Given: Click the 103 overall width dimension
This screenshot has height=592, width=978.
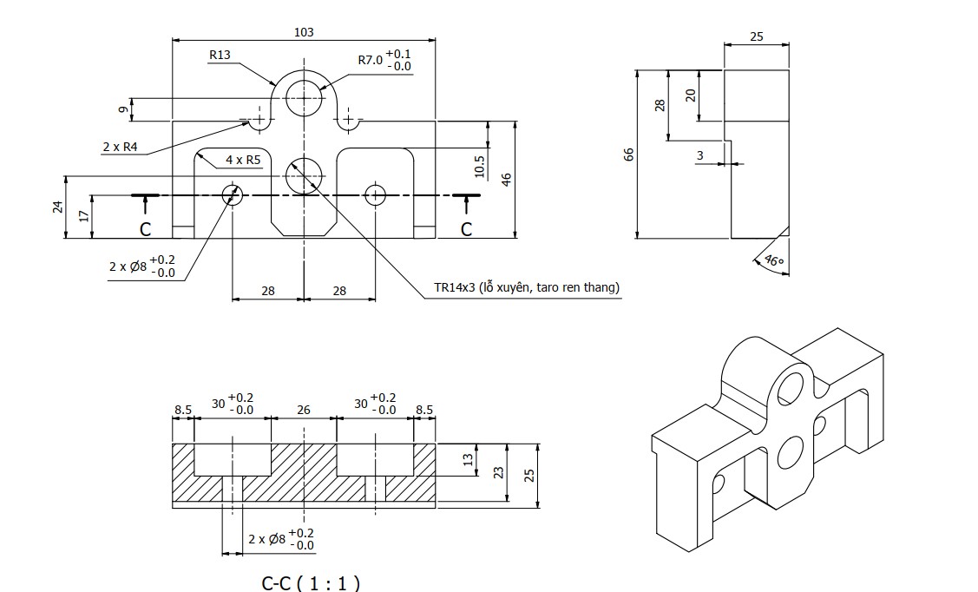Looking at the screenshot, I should coord(304,32).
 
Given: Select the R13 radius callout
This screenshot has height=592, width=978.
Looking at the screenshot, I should coord(220,55).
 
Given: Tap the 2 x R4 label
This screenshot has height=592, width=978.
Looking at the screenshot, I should coord(120,147).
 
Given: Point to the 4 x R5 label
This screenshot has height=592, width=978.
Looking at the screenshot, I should coord(243,160).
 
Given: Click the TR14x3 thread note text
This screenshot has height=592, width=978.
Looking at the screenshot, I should coord(527,287).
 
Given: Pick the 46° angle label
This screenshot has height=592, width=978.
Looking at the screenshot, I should coord(772,260).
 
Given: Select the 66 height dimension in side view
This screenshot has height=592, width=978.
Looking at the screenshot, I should coord(629,154).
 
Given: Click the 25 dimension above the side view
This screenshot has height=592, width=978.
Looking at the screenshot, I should coord(756,36).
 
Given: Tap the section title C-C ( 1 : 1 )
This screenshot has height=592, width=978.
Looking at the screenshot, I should coord(311,582).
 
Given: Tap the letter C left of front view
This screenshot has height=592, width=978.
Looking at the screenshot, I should coord(146,229).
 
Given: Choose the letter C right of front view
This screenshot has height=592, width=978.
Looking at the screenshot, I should coord(467,229).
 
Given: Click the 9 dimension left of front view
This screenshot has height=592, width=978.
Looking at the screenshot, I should coord(123,109).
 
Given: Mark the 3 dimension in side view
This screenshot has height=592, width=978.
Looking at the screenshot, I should coord(699,155).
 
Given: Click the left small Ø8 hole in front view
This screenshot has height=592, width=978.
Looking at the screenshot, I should coord(233,194).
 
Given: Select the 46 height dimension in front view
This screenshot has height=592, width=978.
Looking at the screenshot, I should coord(507,178).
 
